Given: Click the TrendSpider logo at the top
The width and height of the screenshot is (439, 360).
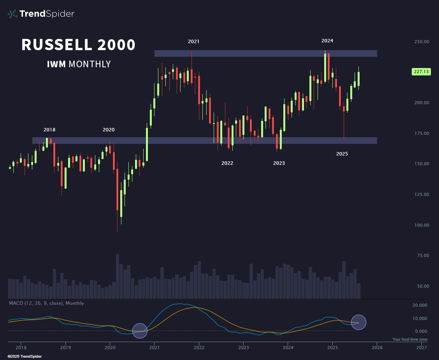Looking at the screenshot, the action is tap(41, 14).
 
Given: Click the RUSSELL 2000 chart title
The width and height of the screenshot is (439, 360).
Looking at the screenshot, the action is tap(78, 45).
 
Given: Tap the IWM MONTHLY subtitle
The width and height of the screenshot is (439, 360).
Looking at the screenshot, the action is tap(79, 64).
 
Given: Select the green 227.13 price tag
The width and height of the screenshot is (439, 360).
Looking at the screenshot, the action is tap(421, 72).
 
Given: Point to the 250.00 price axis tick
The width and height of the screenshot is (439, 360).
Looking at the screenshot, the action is tap(421, 42).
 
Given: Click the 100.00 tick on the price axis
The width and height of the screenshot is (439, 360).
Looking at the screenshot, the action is tap(421, 225).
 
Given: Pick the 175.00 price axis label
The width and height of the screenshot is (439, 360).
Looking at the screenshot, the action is tap(421, 133).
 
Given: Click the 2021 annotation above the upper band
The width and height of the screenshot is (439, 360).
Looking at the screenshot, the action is tap(193, 41).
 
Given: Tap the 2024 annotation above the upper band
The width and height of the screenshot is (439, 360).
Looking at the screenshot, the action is tap(327, 41).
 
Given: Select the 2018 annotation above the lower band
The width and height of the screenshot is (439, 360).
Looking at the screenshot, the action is tap(49, 130).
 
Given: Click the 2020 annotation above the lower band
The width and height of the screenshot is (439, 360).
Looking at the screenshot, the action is tap(109, 130).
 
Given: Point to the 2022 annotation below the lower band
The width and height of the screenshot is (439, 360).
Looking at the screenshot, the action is tap(227, 163).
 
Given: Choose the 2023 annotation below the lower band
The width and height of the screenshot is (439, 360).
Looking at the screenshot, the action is tap(279, 163).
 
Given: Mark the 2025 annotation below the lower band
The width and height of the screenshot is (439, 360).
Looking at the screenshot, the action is tap(342, 154).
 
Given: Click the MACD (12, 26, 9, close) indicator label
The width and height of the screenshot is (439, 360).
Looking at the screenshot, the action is tap(46, 303).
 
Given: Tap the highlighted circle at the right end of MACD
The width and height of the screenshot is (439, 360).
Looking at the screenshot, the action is tap(359, 322).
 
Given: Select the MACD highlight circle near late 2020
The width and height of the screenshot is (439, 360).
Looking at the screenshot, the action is tap(140, 330).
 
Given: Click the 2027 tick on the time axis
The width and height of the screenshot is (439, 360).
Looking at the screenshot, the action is tap(421, 348).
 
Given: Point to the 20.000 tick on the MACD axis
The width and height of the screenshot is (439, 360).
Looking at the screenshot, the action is tap(420, 305).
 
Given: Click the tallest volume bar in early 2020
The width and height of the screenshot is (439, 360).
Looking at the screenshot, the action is tap(118, 276).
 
